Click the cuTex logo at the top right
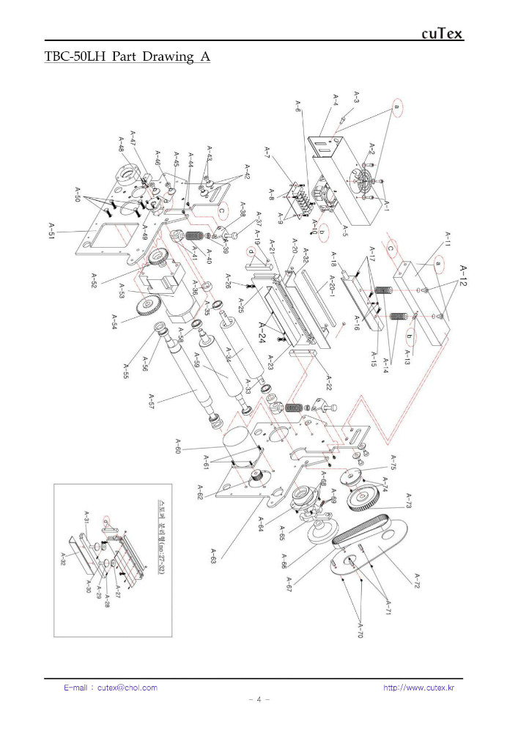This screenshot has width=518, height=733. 442,34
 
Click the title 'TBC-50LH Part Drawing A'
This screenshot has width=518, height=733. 127,57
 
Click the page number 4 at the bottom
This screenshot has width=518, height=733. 259,699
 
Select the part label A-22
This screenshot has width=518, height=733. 328,381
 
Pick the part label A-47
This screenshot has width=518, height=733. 132,139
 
